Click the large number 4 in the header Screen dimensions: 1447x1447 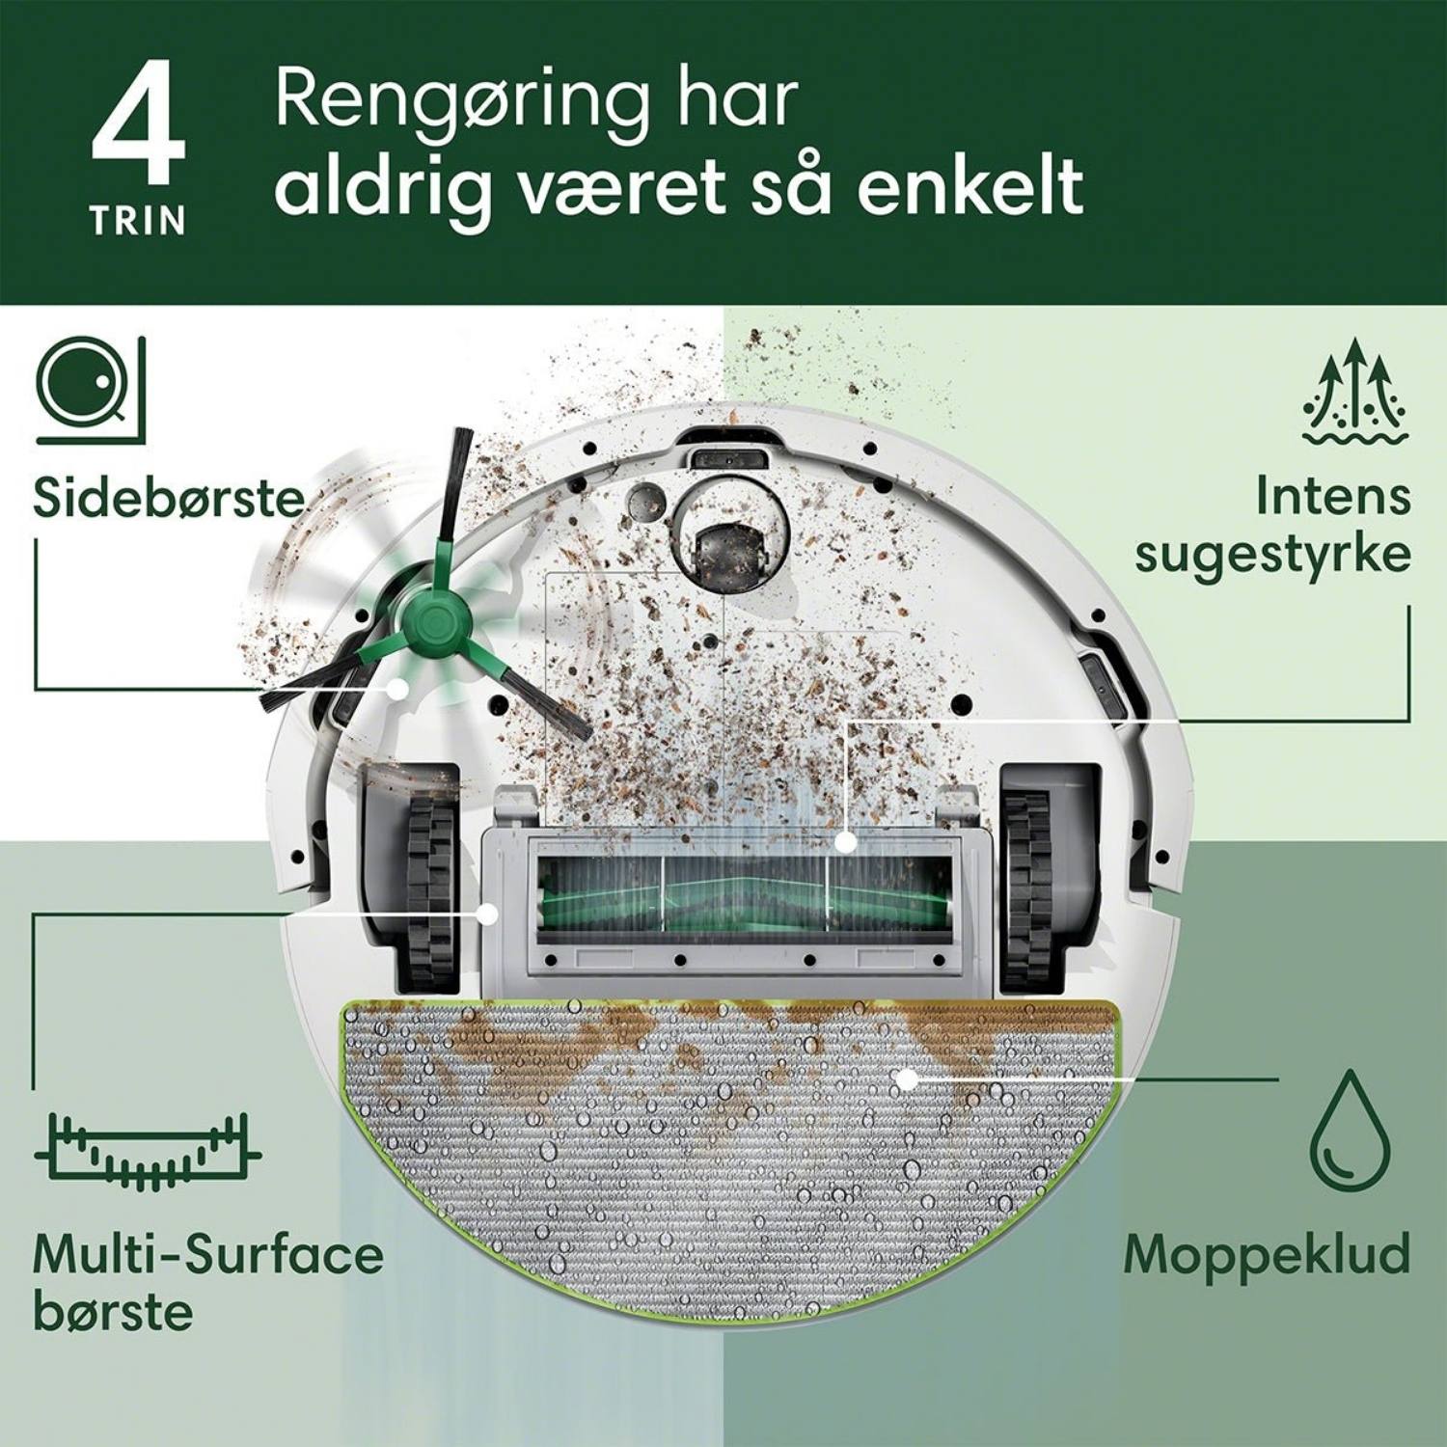coord(137,123)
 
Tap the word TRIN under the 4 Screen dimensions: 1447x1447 coord(138,221)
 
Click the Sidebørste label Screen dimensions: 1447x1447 coord(168,498)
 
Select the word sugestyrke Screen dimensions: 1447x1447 coord(1272,557)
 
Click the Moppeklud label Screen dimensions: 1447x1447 coord(1267,1254)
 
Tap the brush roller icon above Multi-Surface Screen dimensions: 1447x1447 coord(147,1155)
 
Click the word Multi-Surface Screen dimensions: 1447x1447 coord(208,1254)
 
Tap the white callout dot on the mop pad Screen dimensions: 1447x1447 coord(906,1079)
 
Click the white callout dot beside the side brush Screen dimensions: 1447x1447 coord(396,688)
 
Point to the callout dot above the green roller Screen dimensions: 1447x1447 coord(845,842)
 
